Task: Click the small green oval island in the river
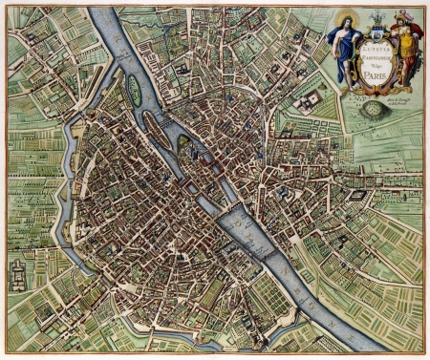(x=133, y=89)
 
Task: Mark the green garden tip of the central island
(x=183, y=143)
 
